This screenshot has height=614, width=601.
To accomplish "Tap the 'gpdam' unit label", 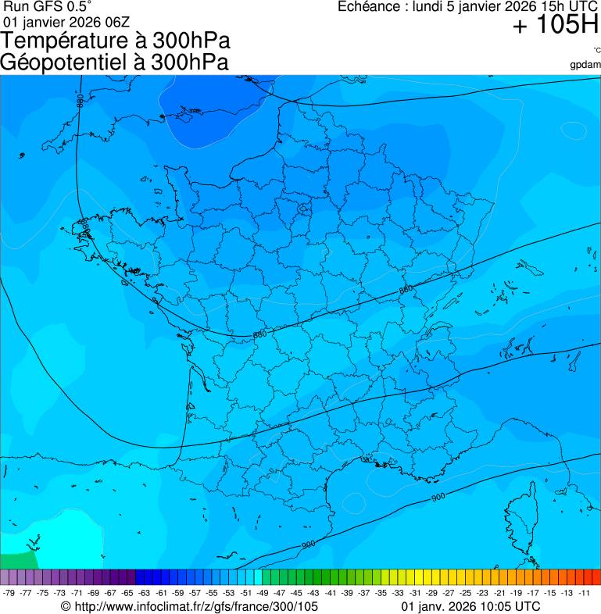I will (585, 65).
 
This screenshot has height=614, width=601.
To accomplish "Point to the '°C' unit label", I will (596, 51).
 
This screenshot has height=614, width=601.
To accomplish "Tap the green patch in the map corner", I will (17, 559).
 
